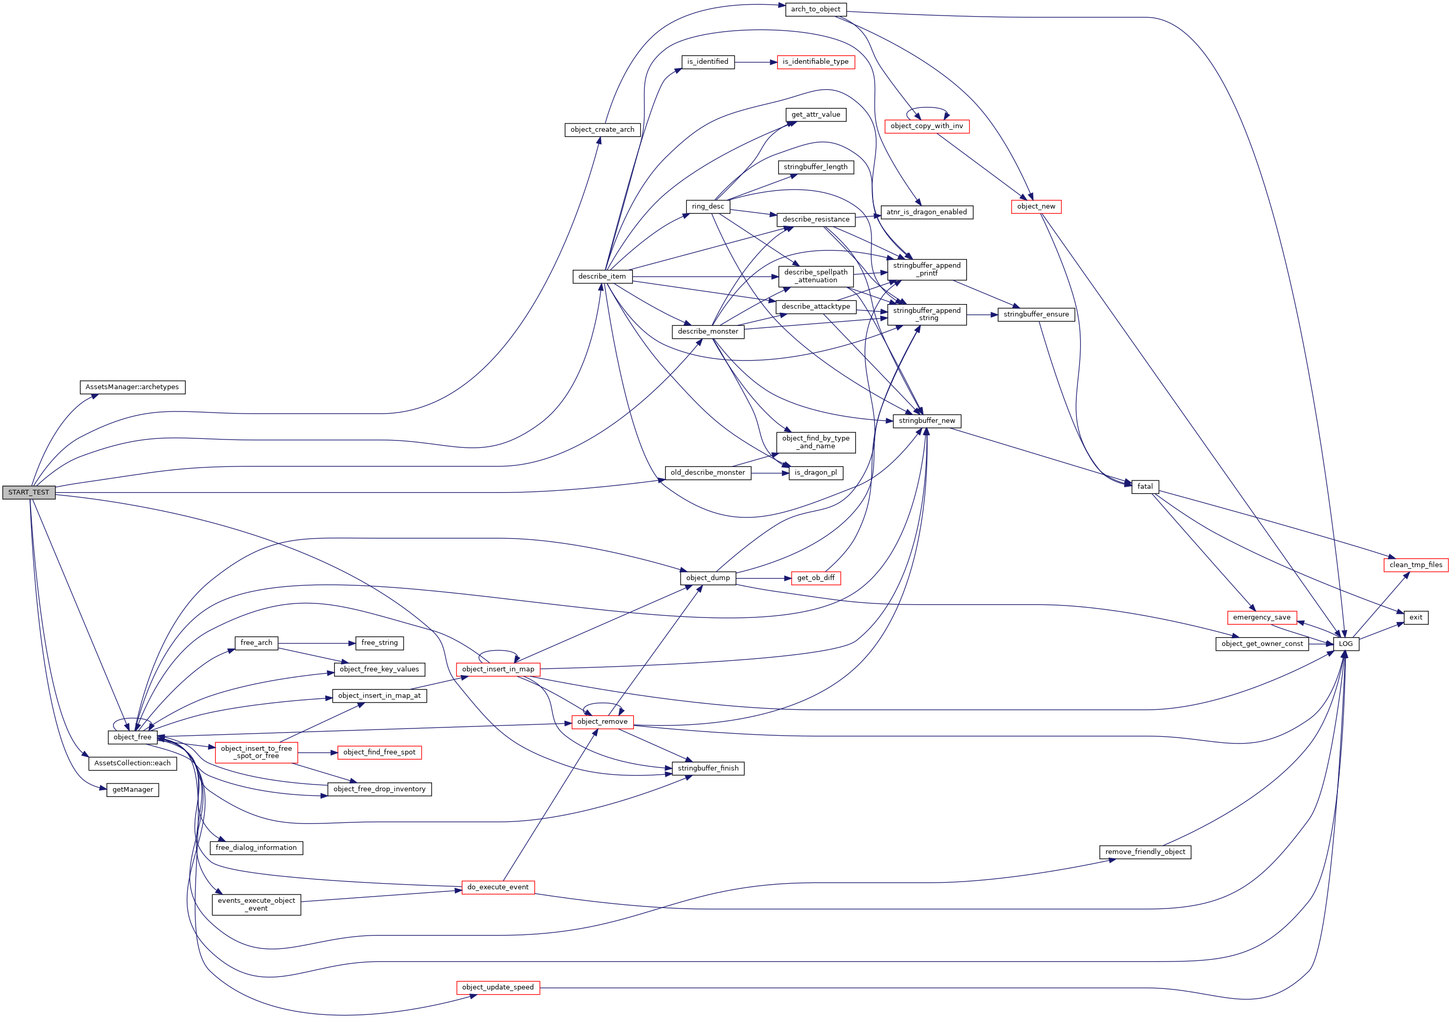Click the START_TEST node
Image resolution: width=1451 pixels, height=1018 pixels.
pos(29,492)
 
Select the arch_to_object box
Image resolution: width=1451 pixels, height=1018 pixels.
pos(815,9)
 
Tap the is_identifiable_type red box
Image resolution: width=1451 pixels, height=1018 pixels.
pos(815,62)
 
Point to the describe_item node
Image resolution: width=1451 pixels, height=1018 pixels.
pos(602,276)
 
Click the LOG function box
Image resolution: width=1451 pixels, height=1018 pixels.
pos(1346,643)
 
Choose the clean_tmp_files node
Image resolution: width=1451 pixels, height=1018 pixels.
pos(1416,565)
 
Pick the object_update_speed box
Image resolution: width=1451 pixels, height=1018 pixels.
pos(498,987)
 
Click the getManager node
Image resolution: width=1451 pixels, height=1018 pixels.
pos(132,789)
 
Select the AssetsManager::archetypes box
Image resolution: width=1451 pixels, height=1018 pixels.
pos(132,387)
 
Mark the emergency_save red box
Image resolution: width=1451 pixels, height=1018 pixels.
pos(1262,617)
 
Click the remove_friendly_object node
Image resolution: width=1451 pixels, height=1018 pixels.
pos(1144,852)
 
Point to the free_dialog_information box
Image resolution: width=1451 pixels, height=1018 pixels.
pos(256,847)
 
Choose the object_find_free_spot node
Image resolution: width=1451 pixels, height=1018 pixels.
pos(379,752)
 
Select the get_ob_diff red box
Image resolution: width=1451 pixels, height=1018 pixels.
pos(815,577)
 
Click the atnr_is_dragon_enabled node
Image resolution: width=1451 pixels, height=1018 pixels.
pos(927,212)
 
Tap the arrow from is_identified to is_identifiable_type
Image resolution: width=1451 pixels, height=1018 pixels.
pos(755,62)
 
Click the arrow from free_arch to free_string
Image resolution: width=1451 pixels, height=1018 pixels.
pos(316,643)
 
